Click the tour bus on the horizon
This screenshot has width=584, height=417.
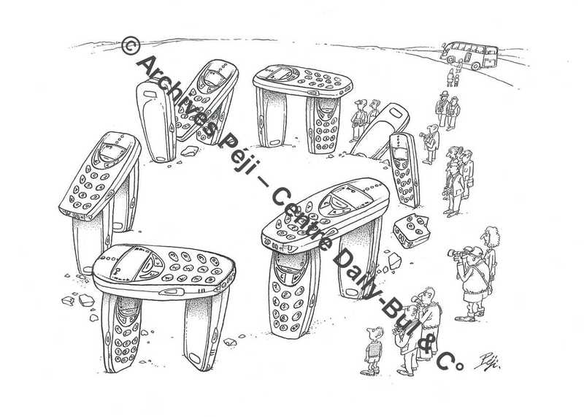[x=469, y=56]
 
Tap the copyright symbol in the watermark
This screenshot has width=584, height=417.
[x=131, y=45]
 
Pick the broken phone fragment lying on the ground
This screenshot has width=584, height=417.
[x=411, y=230]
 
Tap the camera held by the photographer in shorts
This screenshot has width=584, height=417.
[x=455, y=253]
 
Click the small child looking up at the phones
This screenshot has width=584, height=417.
[x=373, y=351]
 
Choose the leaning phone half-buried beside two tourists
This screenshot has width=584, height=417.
[x=380, y=131]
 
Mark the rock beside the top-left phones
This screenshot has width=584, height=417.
[x=190, y=151]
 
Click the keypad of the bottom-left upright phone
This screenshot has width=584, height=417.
[x=124, y=342]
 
